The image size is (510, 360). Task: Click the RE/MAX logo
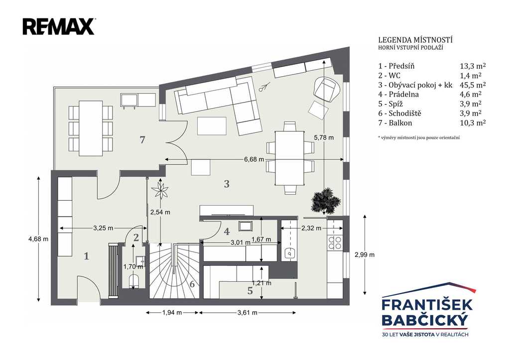click(x=59, y=26)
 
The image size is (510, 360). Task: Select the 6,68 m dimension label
click(x=254, y=159)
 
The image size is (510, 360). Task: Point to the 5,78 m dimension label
click(x=324, y=137)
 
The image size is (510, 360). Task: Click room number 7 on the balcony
click(x=142, y=139)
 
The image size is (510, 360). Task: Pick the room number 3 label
click(x=227, y=184)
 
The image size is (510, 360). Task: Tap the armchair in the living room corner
click(x=327, y=89)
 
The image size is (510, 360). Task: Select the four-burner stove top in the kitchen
click(x=335, y=242)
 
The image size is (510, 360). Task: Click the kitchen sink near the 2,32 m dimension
click(x=289, y=253)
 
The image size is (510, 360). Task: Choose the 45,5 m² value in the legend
click(x=473, y=85)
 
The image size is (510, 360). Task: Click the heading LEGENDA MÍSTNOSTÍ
click(x=415, y=40)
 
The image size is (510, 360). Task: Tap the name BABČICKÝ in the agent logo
click(x=425, y=320)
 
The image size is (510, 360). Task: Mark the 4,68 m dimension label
click(x=38, y=239)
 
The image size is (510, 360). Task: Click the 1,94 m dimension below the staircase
click(x=172, y=313)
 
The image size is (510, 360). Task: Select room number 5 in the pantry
click(x=250, y=291)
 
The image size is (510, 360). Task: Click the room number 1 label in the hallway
click(x=86, y=256)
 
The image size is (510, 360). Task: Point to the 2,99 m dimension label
click(x=365, y=254)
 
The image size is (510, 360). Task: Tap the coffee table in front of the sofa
click(x=212, y=126)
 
